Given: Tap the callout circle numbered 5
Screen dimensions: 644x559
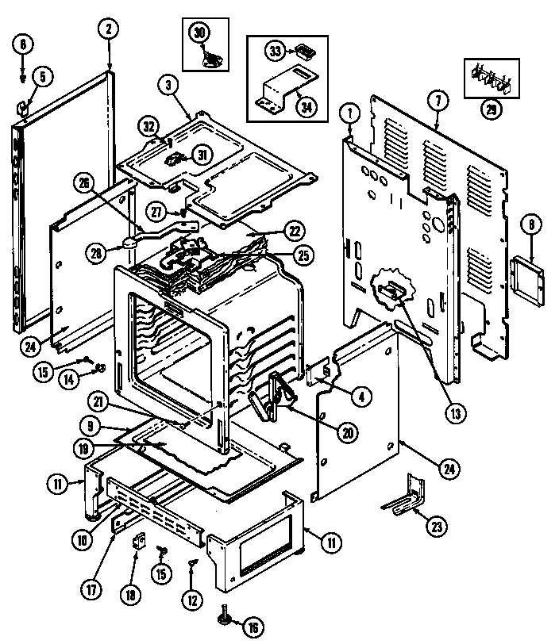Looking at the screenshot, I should pyautogui.click(x=42, y=77).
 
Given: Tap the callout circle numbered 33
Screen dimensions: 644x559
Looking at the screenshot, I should pyautogui.click(x=276, y=52).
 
